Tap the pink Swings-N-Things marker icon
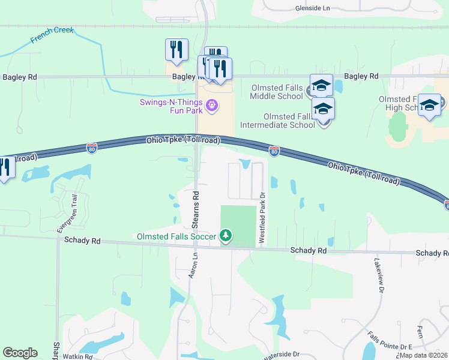(x=211, y=106)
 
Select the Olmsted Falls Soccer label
(x=176, y=236)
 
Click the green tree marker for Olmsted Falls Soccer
(x=226, y=236)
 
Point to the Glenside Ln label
(x=313, y=8)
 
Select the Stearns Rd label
(x=196, y=208)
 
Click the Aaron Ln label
(x=193, y=265)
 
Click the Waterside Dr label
(x=281, y=355)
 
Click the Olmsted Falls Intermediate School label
(x=277, y=121)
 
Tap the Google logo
(x=20, y=353)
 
